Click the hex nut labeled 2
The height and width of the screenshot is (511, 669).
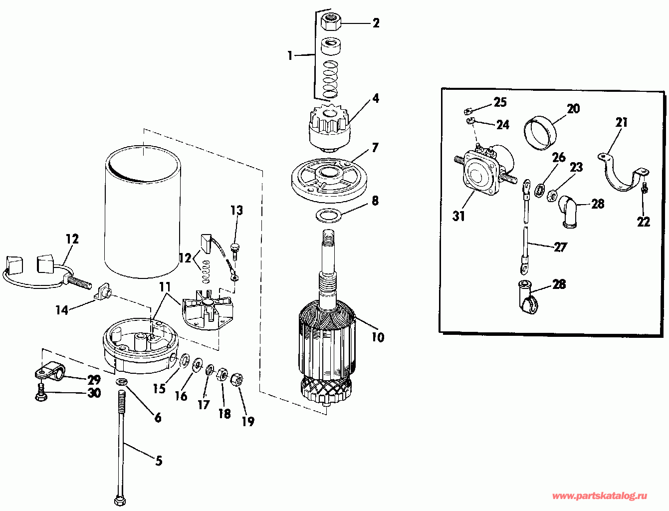point(330,22)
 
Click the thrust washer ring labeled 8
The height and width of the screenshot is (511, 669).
point(327,216)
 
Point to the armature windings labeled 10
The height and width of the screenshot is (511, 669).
point(327,339)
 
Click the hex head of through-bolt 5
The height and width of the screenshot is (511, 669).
point(120,499)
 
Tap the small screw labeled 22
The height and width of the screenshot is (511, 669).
point(644,190)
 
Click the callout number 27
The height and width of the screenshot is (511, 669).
point(560,247)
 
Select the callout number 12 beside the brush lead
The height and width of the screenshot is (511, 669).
point(72,239)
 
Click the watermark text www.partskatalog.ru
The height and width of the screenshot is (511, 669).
point(600,496)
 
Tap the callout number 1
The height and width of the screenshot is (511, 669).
point(290,55)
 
